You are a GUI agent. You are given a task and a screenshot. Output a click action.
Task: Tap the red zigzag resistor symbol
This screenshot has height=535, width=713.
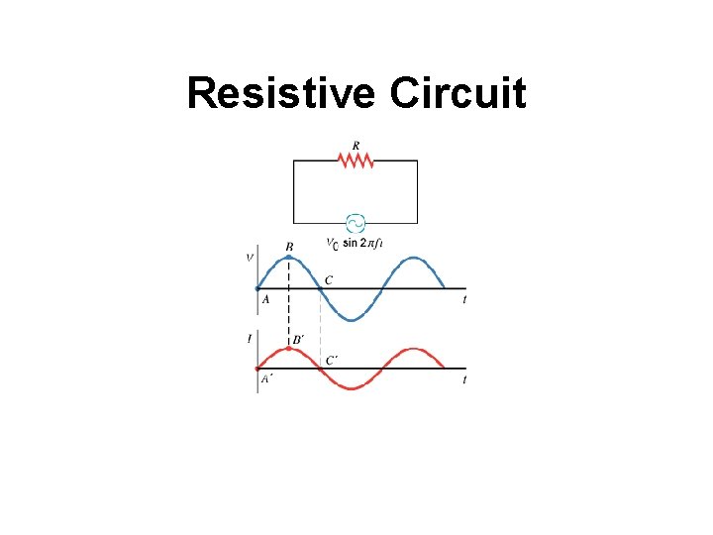point(356,160)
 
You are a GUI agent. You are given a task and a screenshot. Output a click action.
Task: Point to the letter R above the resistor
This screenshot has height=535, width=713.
point(356,145)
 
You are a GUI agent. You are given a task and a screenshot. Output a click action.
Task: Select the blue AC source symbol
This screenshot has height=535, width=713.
point(353,224)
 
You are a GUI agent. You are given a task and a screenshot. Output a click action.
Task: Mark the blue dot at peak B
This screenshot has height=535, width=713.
point(288,257)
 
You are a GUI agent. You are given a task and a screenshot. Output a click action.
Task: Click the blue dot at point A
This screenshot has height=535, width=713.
point(257,288)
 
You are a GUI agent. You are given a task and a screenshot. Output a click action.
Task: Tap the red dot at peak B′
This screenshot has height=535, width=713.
point(287,349)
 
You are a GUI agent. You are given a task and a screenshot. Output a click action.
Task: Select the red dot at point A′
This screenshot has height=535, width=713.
point(257,369)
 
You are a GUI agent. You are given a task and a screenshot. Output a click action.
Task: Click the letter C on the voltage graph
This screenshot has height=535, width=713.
point(329,280)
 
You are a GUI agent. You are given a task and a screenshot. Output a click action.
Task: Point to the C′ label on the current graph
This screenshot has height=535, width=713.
point(334,360)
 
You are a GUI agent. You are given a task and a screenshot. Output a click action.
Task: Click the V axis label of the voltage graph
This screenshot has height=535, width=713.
point(250,259)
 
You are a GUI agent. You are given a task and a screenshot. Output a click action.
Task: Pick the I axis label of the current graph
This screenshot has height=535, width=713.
point(250,339)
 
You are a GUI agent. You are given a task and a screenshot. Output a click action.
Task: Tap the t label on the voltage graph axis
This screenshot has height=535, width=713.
point(464,299)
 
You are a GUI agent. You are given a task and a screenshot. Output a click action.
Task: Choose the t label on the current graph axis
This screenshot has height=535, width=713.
point(464,379)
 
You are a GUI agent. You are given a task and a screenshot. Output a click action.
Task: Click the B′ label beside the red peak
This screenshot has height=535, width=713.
point(298,340)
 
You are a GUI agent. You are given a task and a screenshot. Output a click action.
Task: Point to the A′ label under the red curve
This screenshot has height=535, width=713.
point(266,378)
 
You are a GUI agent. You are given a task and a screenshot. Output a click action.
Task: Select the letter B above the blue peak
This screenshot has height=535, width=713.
point(289,246)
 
